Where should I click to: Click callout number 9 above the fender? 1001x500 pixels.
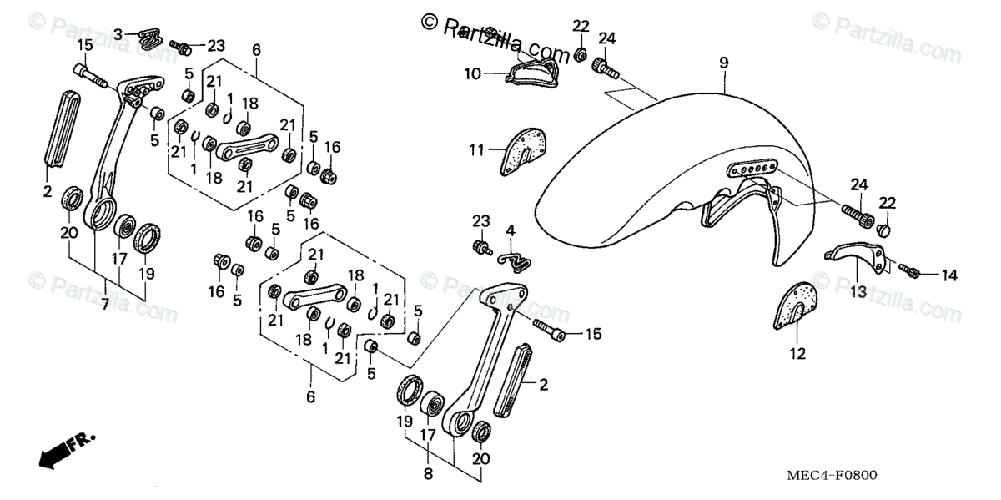coord(723,63)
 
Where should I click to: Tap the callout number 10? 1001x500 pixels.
coord(472,73)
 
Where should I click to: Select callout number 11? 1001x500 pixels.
coord(476,150)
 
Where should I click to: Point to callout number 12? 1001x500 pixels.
coord(797,354)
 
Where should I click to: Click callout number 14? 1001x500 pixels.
coord(949,274)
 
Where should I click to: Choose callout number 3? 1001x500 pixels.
coord(118,33)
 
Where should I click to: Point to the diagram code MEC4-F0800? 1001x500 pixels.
coord(835,475)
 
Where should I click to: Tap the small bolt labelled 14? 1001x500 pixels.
coord(913,271)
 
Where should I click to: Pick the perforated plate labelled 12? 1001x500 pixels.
coord(796,306)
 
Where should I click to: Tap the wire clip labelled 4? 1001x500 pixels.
coord(518,261)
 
